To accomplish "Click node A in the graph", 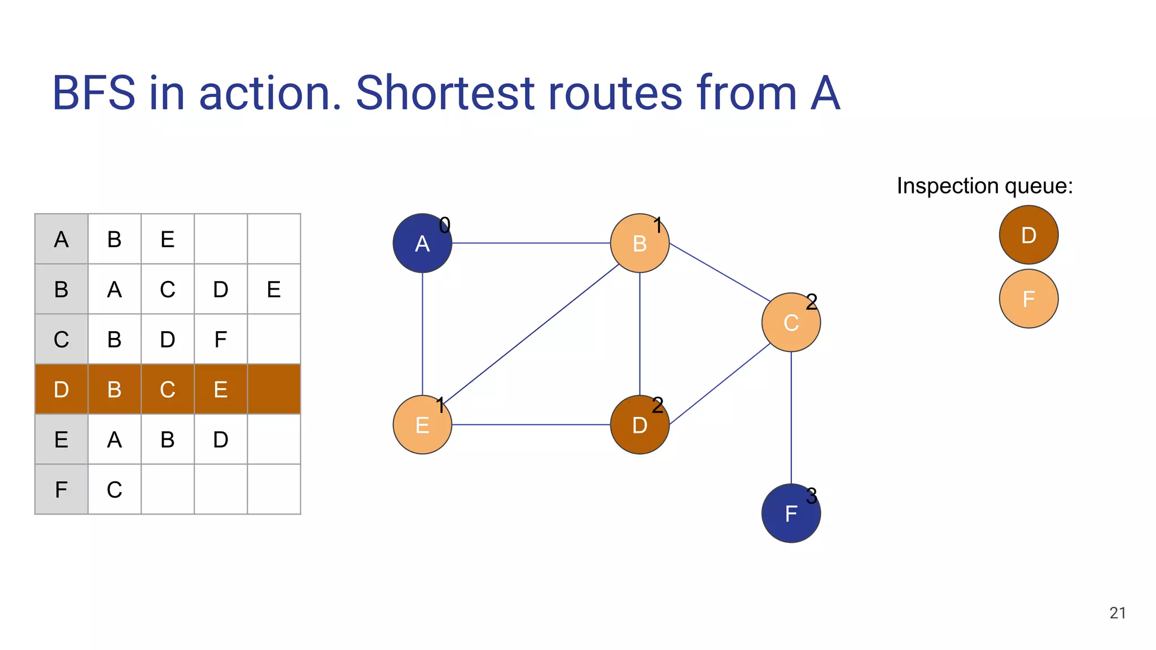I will (422, 243).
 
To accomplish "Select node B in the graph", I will (640, 243).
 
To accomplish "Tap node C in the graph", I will (791, 322).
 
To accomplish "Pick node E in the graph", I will (422, 425).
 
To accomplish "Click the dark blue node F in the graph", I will (790, 514).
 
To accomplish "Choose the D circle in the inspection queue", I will (1028, 235).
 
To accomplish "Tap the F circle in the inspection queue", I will (1028, 298).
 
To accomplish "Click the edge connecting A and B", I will (531, 243).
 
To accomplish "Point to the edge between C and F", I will (791, 418).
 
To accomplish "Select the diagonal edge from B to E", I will (531, 333).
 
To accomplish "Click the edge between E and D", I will (531, 424).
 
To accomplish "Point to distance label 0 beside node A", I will (445, 226).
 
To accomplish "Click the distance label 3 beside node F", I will (812, 497).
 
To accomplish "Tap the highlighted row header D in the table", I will (61, 389).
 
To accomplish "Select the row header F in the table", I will (61, 489).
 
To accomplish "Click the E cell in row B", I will (274, 289).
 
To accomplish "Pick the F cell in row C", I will (221, 340).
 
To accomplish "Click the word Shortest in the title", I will (445, 93).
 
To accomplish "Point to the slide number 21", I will (1117, 613).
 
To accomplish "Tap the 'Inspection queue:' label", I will (984, 186).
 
